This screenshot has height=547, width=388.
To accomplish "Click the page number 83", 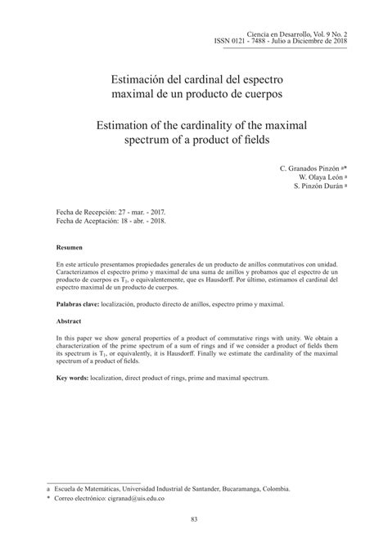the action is [x=194, y=518].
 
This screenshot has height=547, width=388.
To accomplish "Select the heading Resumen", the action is [x=70, y=247].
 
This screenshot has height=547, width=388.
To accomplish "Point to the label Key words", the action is [x=72, y=379].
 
